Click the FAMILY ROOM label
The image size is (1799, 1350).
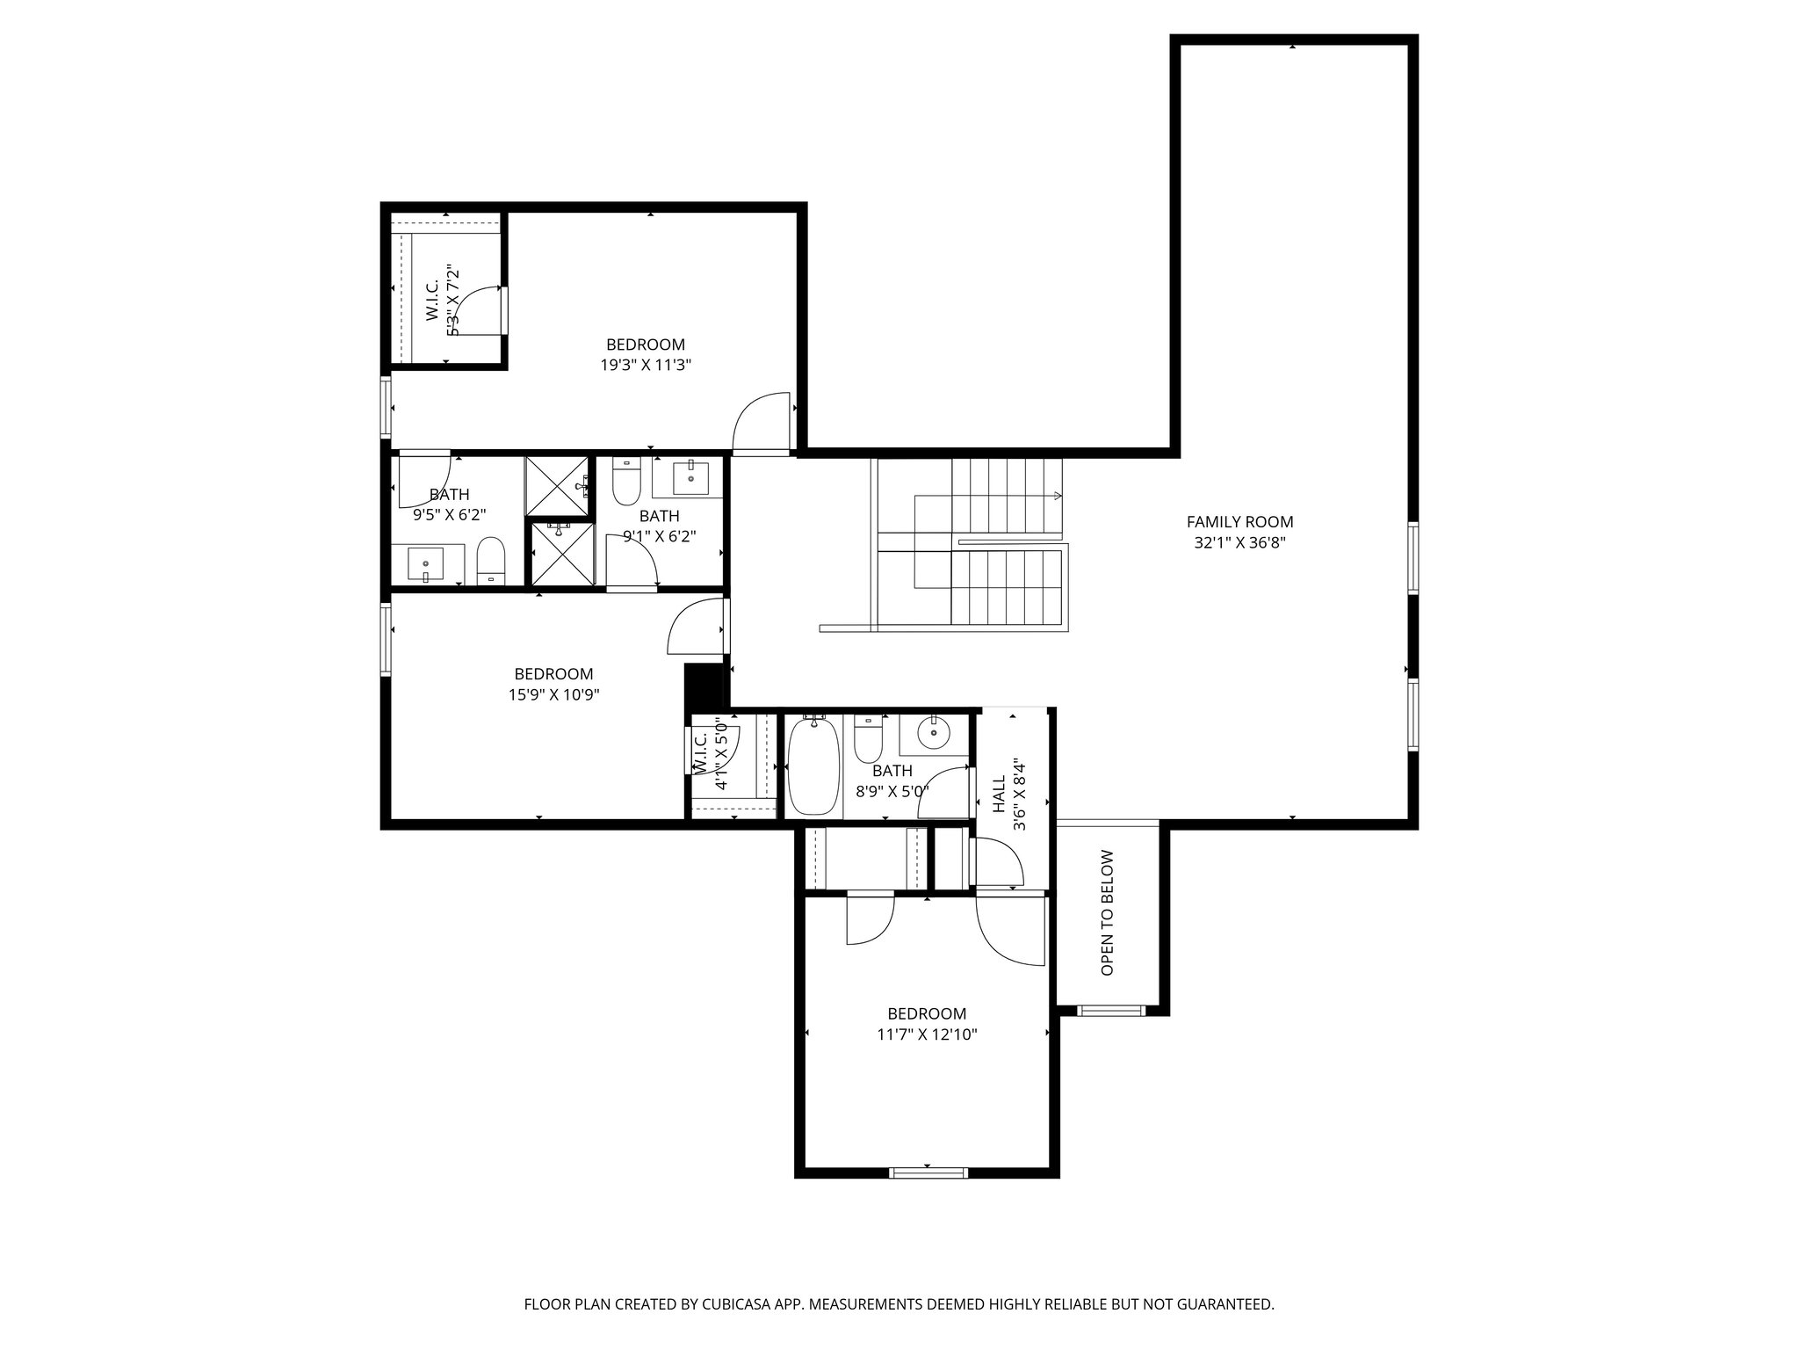click(x=1239, y=522)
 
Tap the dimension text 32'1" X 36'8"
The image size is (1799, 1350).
click(x=1239, y=543)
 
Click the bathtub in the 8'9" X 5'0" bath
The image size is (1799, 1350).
click(x=814, y=766)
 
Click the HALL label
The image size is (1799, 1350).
click(x=999, y=795)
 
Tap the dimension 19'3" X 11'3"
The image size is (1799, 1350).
click(x=646, y=365)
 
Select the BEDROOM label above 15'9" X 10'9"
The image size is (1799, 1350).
click(x=553, y=674)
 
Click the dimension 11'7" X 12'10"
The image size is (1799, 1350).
click(x=927, y=1034)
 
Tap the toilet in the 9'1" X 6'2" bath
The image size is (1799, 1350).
click(x=626, y=481)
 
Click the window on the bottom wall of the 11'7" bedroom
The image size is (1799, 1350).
click(x=928, y=1172)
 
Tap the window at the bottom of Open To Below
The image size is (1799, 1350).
click(x=1111, y=1011)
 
